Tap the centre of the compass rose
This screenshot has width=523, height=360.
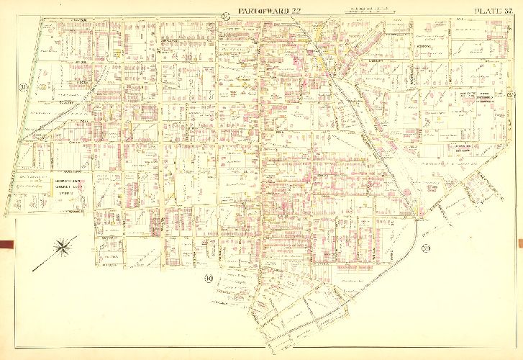coord(64,247)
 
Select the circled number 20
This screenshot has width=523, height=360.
coord(24,88)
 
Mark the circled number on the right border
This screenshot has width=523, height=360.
coord(509,97)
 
